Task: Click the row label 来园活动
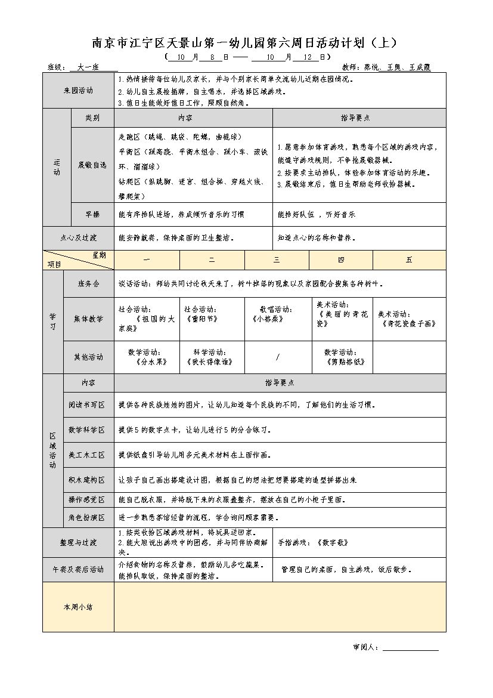78,91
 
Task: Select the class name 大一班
88,67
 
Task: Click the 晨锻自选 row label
92,165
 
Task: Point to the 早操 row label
92,214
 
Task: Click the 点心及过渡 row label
78,237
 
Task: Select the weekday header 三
277,260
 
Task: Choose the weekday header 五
409,260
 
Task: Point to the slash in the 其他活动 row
278,357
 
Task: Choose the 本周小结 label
78,607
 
